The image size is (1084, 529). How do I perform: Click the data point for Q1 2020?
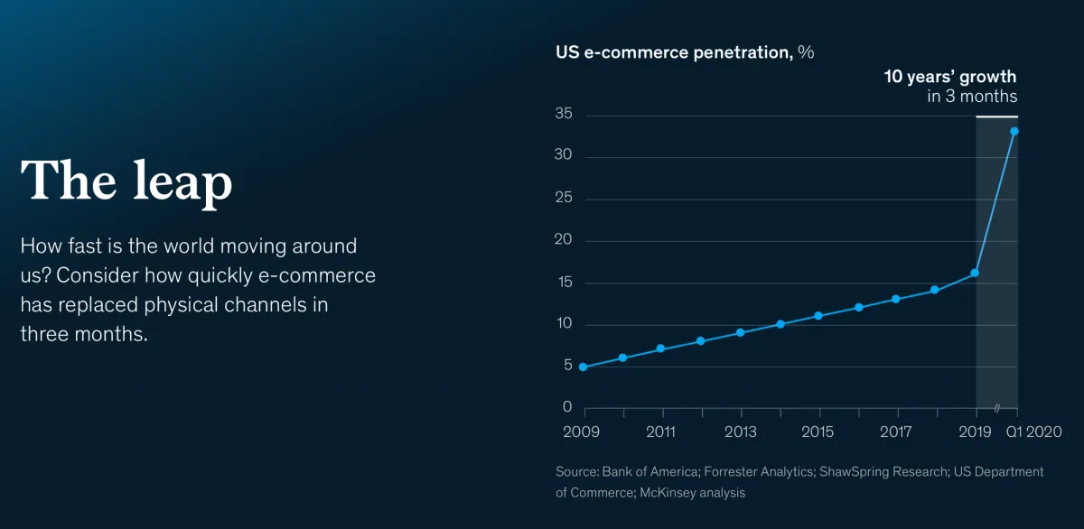[x=1014, y=131]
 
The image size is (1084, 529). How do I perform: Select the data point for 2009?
[x=583, y=367]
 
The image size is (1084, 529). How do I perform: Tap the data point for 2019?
[x=975, y=273]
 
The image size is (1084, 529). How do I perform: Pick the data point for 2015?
[x=818, y=316]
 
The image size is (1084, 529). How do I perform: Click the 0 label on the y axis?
[x=567, y=408]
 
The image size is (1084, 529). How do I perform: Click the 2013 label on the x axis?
[x=740, y=432]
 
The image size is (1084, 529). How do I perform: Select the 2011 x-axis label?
[x=661, y=432]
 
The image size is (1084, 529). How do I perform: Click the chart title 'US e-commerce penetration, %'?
[x=685, y=52]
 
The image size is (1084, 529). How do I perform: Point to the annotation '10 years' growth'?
[x=950, y=77]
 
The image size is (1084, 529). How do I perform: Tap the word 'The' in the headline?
[x=70, y=180]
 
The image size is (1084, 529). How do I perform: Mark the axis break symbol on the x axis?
[x=998, y=408]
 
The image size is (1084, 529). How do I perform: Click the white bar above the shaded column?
[x=996, y=117]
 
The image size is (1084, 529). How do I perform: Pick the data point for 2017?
[x=896, y=299]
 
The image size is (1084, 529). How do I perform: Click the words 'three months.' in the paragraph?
[x=83, y=334]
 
